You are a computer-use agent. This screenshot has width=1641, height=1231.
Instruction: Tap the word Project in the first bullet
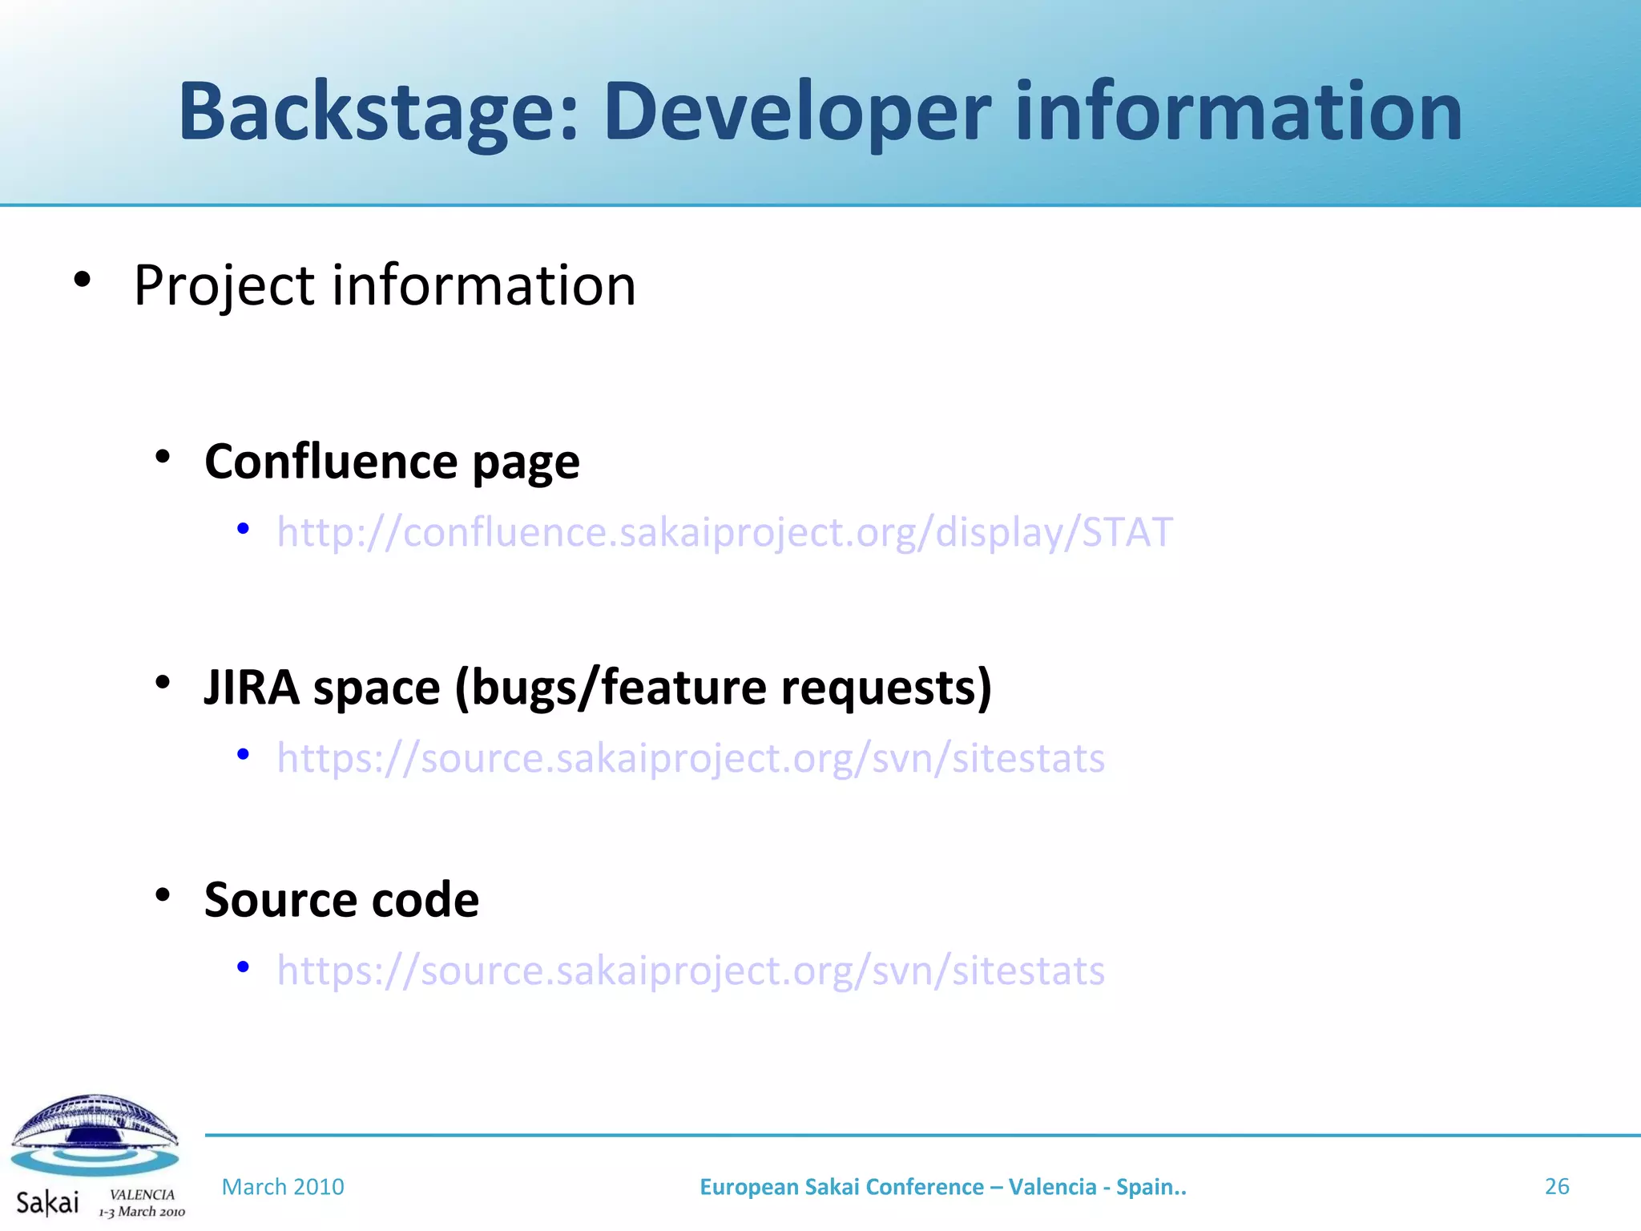(x=224, y=286)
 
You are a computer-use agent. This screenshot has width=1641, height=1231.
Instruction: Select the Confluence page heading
(x=392, y=462)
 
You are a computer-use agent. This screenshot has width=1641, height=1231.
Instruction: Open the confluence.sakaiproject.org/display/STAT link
(x=724, y=532)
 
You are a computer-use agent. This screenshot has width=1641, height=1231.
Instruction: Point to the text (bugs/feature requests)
(x=723, y=688)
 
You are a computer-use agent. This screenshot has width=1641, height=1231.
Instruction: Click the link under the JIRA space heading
(x=691, y=758)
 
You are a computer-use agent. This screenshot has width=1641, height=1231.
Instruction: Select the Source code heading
(x=341, y=899)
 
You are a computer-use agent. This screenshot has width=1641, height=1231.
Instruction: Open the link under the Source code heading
(x=691, y=971)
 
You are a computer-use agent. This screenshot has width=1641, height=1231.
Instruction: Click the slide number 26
(x=1556, y=1186)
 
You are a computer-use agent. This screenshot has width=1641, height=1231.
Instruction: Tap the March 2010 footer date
(x=283, y=1187)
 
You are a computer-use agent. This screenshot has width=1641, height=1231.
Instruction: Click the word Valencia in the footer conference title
(x=1052, y=1187)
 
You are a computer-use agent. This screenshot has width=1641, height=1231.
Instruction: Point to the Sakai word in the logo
(x=47, y=1202)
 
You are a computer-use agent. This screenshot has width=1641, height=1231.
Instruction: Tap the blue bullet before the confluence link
(x=243, y=529)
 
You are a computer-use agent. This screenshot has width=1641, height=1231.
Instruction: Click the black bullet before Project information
(x=82, y=281)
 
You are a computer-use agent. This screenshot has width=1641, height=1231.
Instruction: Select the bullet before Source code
(x=163, y=895)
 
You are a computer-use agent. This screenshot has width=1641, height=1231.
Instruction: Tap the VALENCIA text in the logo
(x=142, y=1194)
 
